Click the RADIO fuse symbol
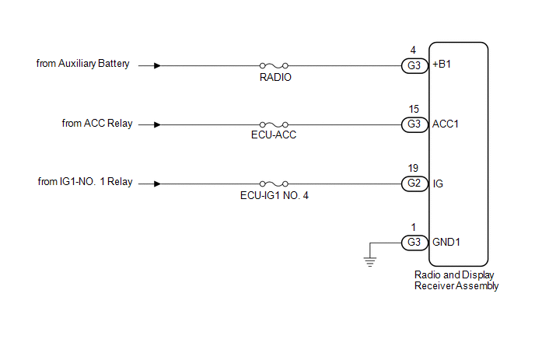click(274, 65)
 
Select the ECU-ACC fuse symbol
click(274, 125)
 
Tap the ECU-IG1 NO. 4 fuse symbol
click(274, 184)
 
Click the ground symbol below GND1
click(370, 261)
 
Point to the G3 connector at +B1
click(414, 65)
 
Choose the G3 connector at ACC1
click(414, 124)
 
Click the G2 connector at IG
click(414, 183)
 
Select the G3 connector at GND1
click(414, 243)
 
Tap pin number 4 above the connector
click(413, 51)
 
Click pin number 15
click(414, 109)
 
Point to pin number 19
click(413, 168)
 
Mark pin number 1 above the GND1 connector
click(414, 227)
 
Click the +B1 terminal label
click(442, 65)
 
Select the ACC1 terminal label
click(446, 124)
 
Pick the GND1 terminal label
click(446, 243)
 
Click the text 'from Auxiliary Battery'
click(83, 64)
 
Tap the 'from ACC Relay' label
click(97, 123)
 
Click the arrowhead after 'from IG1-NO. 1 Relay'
click(157, 184)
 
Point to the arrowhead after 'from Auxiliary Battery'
click(157, 65)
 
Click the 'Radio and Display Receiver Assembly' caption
click(456, 281)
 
